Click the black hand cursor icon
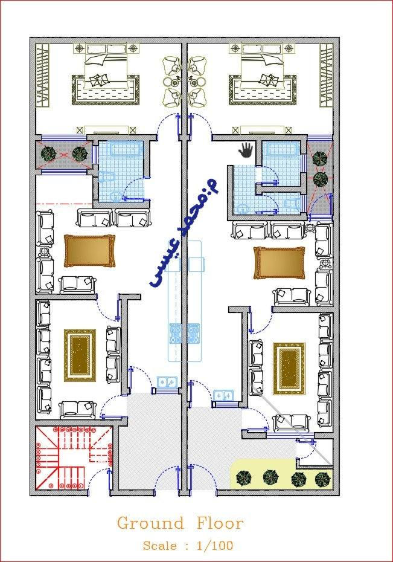coord(246,150)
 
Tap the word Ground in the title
coord(151,524)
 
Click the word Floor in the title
coord(220,524)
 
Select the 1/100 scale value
coord(215,546)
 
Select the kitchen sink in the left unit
coord(167,382)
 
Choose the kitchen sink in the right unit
coord(223,395)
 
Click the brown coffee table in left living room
coord(90,251)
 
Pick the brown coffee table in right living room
coord(279,263)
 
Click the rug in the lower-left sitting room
coord(80,355)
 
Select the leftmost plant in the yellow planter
coord(244,477)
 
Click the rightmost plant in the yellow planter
coord(322,479)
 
